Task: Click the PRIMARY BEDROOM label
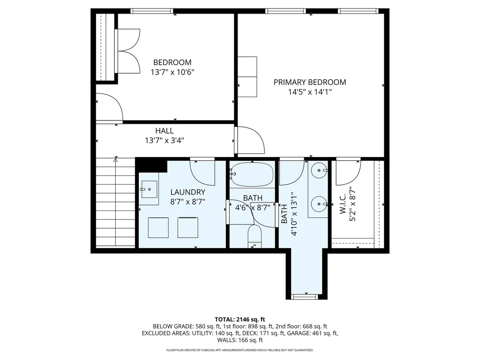point(309,82)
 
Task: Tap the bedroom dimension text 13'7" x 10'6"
point(172,72)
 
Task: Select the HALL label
point(164,131)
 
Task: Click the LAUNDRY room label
point(187,192)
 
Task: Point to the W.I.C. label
point(342,205)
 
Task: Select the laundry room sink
point(149,189)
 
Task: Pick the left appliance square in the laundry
point(158,228)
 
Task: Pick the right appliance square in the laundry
point(187,228)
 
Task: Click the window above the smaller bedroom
point(151,11)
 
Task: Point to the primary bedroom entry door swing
point(250,140)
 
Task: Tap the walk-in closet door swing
point(347,172)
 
